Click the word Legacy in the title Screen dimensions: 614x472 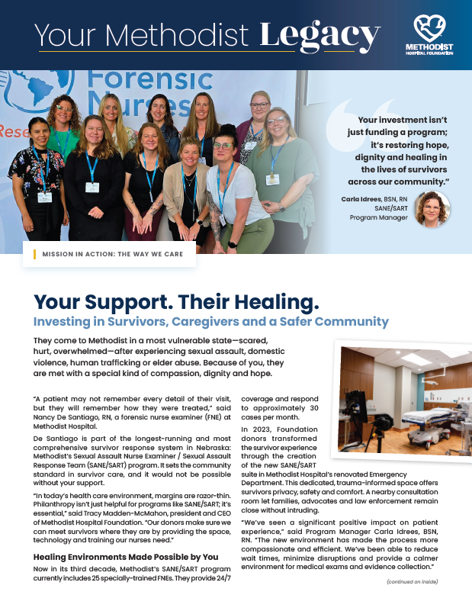[319, 34]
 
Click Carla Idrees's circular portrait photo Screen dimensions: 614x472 [432, 208]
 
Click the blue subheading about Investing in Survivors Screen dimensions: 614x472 [210, 322]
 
